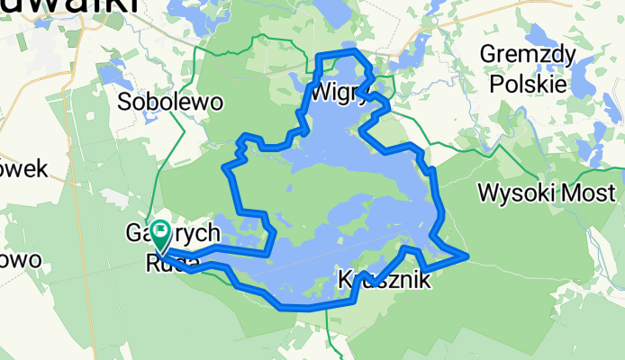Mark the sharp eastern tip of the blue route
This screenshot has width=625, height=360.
pos(466,256)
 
